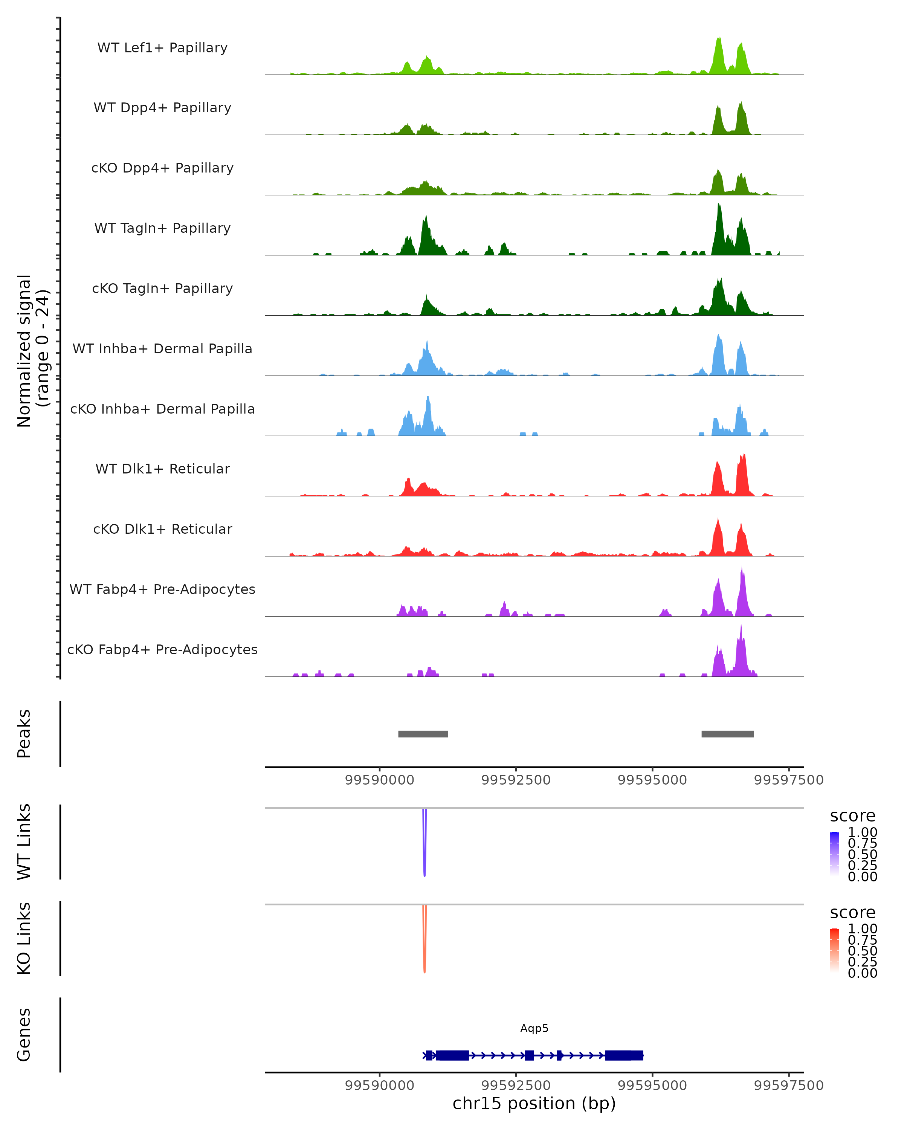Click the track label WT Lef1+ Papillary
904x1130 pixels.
(162, 48)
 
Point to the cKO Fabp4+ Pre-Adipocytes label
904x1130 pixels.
(162, 649)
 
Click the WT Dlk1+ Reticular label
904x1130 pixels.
(162, 469)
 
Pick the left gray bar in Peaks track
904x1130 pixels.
(423, 734)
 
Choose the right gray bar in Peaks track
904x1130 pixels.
(727, 734)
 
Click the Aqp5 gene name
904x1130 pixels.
(534, 1028)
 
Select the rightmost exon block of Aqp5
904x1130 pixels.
(624, 1055)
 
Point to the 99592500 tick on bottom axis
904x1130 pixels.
(516, 1085)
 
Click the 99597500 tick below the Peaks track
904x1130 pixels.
(789, 780)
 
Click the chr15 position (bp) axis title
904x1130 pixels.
(534, 1103)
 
